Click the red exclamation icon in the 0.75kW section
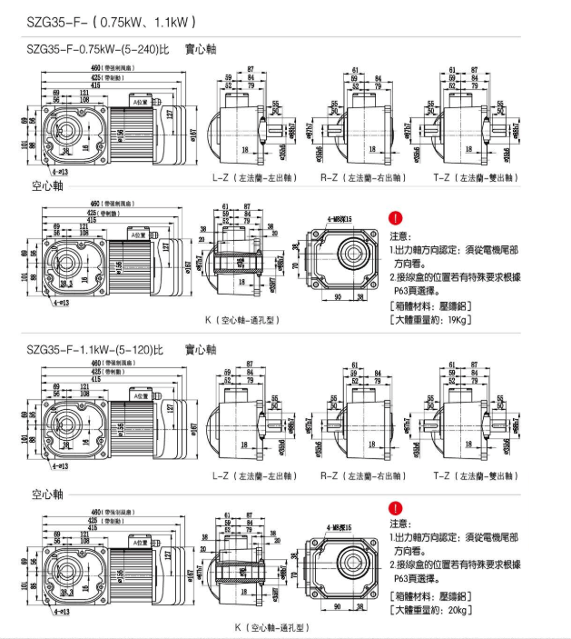tap(395, 218)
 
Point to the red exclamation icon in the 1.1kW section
tap(395, 509)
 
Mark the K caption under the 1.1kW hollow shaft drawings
tap(271, 628)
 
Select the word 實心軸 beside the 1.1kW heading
tap(201, 349)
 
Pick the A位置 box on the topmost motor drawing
tap(140, 103)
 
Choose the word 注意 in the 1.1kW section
tap(400, 524)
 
